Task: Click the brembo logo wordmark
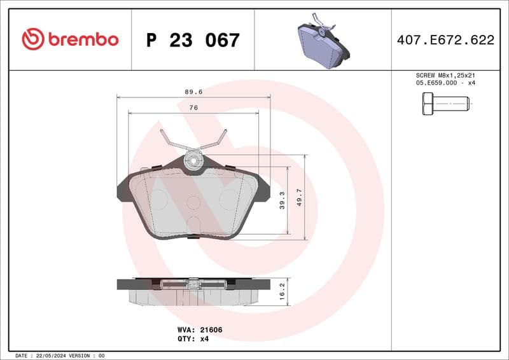click(83, 39)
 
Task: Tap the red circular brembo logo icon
click(33, 39)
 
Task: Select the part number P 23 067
click(193, 40)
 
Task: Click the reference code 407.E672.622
click(445, 40)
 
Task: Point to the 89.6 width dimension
click(193, 92)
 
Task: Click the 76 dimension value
click(193, 108)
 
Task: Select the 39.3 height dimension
click(282, 200)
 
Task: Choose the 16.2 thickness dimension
click(282, 292)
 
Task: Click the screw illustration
click(445, 103)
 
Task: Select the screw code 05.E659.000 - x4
click(445, 83)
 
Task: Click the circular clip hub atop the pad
click(193, 161)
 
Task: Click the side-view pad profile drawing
click(193, 291)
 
